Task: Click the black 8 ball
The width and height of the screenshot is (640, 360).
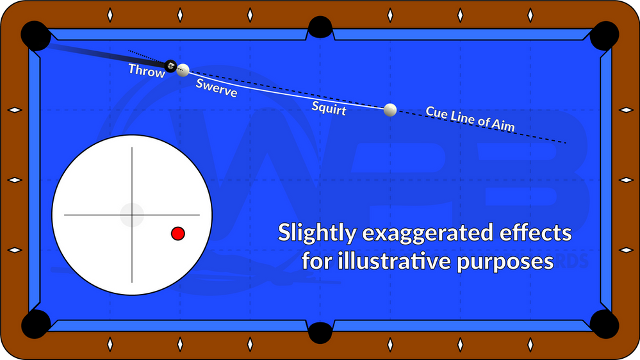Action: pyautogui.click(x=171, y=65)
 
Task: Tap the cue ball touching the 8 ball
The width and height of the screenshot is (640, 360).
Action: pyautogui.click(x=183, y=70)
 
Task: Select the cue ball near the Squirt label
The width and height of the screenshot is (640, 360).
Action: pyautogui.click(x=390, y=110)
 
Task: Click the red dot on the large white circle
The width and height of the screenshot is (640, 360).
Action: pyautogui.click(x=178, y=234)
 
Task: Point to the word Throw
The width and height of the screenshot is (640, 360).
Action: pyautogui.click(x=147, y=70)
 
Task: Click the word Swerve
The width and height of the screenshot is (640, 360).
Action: pyautogui.click(x=217, y=88)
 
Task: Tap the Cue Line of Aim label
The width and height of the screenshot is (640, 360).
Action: pyautogui.click(x=470, y=119)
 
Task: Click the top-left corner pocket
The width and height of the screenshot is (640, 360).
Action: pyautogui.click(x=36, y=35)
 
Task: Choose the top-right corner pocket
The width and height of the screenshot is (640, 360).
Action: pyautogui.click(x=604, y=35)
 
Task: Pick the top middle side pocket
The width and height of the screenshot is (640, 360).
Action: pyautogui.click(x=320, y=27)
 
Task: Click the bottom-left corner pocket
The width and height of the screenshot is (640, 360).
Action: pyautogui.click(x=36, y=323)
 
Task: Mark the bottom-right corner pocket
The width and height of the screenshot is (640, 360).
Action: pyautogui.click(x=604, y=323)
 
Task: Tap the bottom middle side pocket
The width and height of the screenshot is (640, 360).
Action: pyautogui.click(x=320, y=332)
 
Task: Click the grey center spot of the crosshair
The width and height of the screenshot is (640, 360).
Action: pyautogui.click(x=132, y=215)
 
